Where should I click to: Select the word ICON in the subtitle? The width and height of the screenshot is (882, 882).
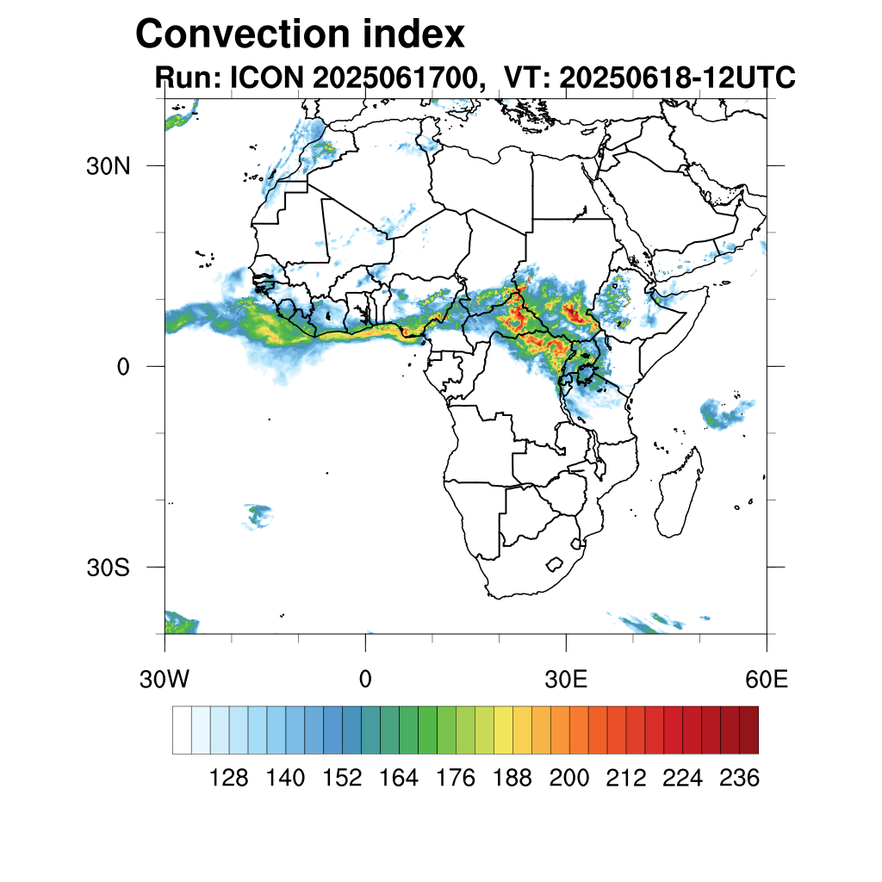coord(264,78)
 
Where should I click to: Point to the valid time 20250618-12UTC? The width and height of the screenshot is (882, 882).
coord(677,78)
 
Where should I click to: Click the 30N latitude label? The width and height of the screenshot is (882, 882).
coord(108,165)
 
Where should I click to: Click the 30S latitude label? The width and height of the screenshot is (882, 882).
coord(108,568)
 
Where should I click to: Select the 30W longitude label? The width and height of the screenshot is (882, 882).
coord(165,680)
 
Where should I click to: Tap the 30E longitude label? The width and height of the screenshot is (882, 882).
coord(566,680)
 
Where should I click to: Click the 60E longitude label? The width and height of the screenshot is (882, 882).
coord(767,680)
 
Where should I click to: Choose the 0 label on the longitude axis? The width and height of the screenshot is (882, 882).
coord(365,680)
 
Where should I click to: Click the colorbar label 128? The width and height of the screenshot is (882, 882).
coord(229,779)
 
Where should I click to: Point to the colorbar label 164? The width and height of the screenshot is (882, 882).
coord(399,779)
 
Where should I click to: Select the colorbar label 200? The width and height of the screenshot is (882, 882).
coord(569,779)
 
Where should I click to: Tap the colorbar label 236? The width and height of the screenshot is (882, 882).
coord(739,779)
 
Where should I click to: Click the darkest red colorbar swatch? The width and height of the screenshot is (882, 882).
coord(748,730)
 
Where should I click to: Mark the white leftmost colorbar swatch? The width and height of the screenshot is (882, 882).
coord(182,730)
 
